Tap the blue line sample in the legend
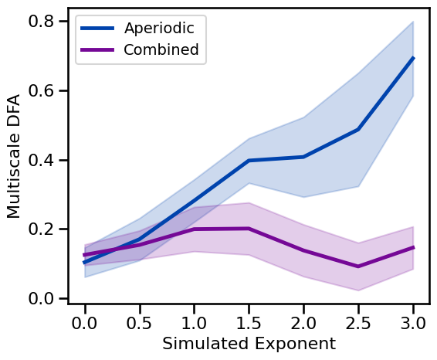click(x=99, y=29)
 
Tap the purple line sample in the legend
click(x=99, y=50)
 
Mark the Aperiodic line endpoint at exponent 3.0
click(x=413, y=58)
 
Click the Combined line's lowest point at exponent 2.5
click(x=358, y=267)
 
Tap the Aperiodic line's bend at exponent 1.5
click(x=249, y=161)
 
